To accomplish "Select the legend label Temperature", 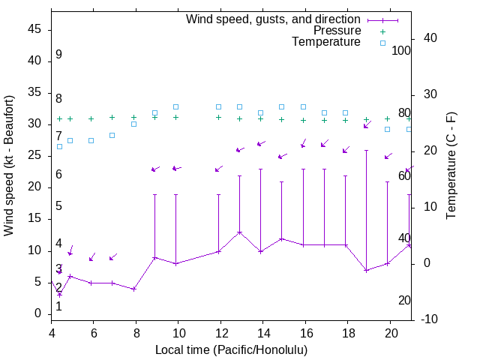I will point(326,42).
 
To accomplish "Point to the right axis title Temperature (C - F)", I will point(451,165).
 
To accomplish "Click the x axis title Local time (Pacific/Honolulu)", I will point(231,349).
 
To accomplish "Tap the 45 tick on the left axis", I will point(34,29).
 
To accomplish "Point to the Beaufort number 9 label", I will point(58,55).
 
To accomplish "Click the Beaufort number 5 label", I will point(58,206).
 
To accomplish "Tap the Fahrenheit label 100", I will point(401,51).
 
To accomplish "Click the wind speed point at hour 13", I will point(239,232).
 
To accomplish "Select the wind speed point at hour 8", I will point(133,289).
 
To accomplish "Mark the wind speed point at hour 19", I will point(366,270).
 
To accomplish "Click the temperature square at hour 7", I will point(112,135).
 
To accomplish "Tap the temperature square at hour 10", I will point(175,107).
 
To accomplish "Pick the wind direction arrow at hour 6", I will point(91,258).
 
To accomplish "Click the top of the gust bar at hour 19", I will point(366,150).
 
